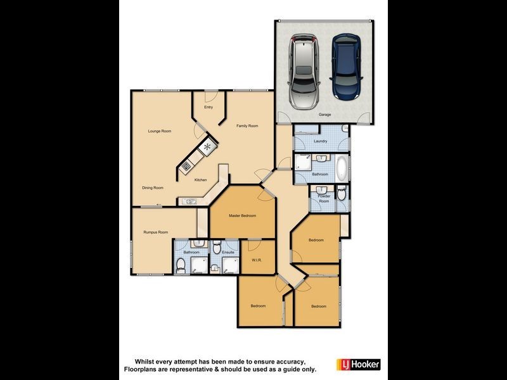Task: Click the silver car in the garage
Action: click(304, 71)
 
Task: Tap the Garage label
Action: click(325, 115)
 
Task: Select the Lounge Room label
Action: click(160, 131)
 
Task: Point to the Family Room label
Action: click(247, 126)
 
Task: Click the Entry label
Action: click(209, 107)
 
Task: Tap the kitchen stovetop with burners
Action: click(186, 166)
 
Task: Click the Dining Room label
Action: click(153, 187)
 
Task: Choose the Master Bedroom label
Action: click(243, 216)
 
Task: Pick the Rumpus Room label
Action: click(155, 232)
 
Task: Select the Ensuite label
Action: click(228, 253)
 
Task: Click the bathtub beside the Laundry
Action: click(341, 168)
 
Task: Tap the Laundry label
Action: click(320, 141)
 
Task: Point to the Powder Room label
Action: click(324, 199)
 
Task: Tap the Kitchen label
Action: click(200, 180)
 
